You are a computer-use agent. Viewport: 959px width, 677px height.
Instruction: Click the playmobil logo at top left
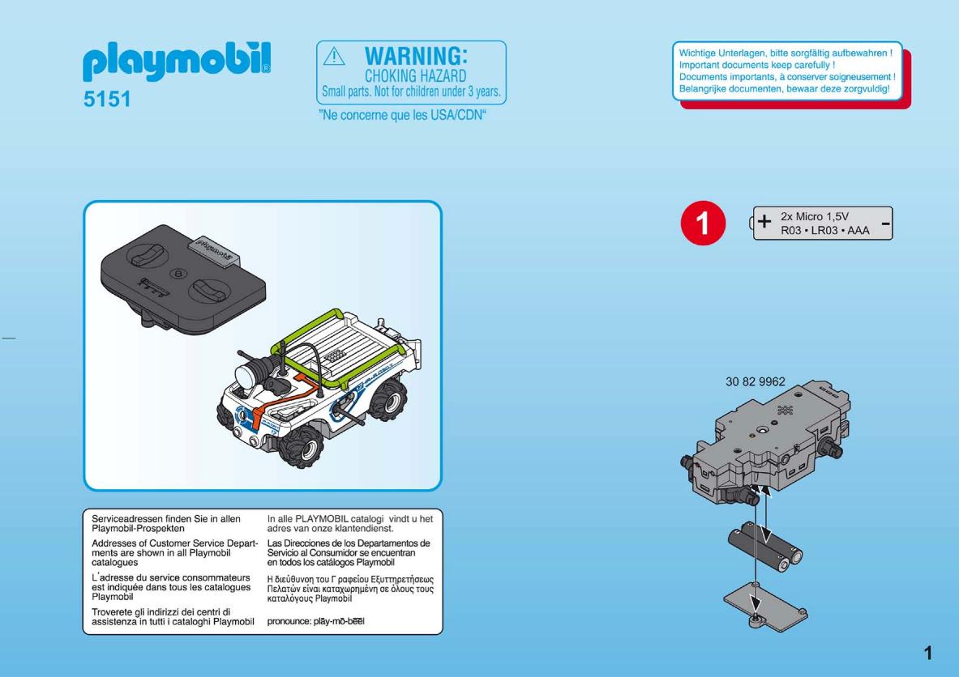[176, 61]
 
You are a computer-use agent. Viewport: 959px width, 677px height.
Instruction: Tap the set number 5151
[107, 99]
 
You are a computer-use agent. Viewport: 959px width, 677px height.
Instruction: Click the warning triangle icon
[334, 57]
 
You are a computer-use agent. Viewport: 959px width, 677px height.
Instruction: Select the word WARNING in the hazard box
[416, 56]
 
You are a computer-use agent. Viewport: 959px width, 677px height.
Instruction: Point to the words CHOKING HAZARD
[416, 76]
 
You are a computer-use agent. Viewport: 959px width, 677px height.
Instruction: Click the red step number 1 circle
[703, 223]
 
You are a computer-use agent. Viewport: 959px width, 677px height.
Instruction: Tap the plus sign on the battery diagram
[764, 221]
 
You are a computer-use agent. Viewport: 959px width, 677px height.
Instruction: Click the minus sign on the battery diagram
[885, 224]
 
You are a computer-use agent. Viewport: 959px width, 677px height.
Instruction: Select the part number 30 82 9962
[756, 381]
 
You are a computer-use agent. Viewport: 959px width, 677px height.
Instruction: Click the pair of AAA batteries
[765, 546]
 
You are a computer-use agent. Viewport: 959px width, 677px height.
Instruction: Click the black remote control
[183, 278]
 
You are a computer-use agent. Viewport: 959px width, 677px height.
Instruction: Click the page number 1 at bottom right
[928, 654]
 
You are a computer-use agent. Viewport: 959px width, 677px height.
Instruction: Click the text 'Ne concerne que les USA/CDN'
[402, 115]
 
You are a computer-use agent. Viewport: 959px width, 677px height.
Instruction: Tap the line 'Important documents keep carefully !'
[756, 65]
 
